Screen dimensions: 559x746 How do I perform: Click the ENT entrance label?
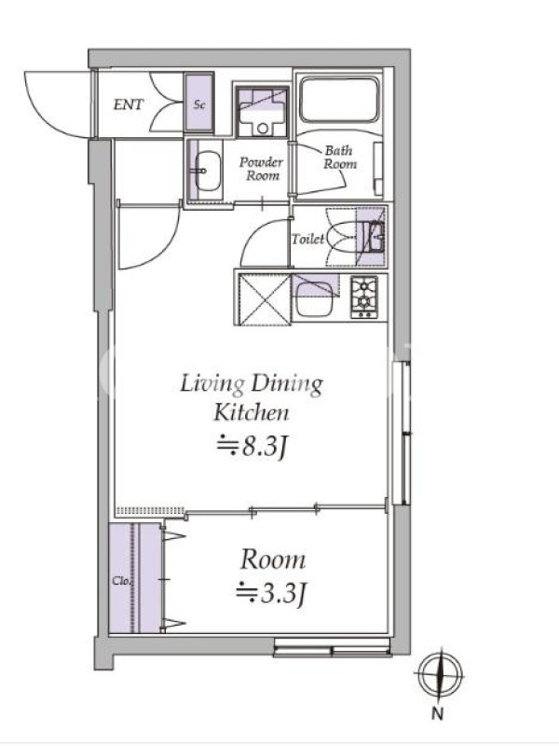click(129, 104)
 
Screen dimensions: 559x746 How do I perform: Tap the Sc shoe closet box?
click(199, 104)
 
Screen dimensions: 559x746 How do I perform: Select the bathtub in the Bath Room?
click(339, 100)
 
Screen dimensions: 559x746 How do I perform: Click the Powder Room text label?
click(261, 169)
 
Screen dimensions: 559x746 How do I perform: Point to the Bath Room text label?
click(340, 158)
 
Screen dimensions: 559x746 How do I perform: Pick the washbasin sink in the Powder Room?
click(208, 171)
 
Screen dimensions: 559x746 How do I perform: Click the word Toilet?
click(308, 239)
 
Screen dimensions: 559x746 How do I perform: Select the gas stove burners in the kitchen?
click(364, 297)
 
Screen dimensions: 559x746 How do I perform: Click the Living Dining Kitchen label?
click(252, 398)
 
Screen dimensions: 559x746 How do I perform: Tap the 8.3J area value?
click(252, 448)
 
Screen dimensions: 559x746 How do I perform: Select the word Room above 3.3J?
click(272, 560)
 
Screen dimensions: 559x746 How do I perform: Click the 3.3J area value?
click(271, 594)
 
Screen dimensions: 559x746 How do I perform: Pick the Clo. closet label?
click(121, 581)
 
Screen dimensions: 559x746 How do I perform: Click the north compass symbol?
click(440, 674)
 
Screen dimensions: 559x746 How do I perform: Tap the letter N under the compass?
click(438, 713)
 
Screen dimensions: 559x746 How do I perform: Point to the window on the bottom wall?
click(333, 647)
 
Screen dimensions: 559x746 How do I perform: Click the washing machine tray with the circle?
click(262, 112)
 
